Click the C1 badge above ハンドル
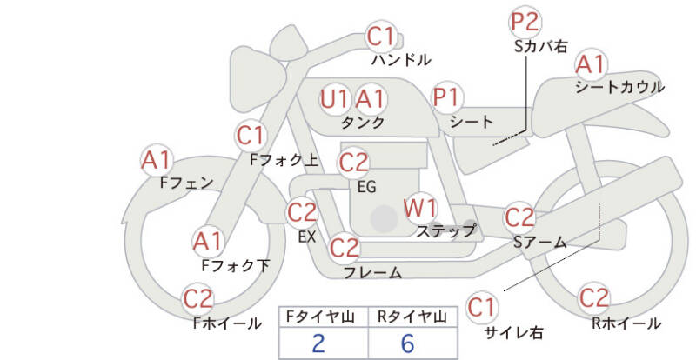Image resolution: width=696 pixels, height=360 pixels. click(381, 37)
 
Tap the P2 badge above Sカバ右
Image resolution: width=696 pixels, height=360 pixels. click(525, 22)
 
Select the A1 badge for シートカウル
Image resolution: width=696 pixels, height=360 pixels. click(592, 64)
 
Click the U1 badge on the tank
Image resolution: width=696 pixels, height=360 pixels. click(334, 98)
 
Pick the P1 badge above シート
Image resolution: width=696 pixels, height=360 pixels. click(448, 97)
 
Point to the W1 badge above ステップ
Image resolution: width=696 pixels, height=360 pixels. click(421, 209)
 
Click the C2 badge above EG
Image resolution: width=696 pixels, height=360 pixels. click(354, 163)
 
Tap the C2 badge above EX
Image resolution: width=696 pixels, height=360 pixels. click(303, 211)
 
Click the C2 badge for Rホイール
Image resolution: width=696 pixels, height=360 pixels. click(594, 298)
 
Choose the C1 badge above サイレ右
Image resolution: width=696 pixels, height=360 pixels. click(482, 307)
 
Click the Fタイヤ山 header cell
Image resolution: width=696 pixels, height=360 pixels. click(322, 317)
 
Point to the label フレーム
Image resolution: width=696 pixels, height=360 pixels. click(372, 273)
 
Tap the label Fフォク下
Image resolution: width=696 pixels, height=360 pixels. click(235, 265)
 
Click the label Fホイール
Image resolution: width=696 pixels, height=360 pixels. click(227, 323)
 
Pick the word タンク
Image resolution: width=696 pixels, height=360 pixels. click(364, 123)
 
